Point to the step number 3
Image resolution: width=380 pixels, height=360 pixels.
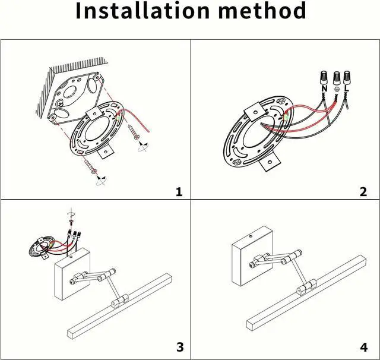[x=180, y=347]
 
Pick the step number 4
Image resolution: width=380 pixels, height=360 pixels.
[x=363, y=347]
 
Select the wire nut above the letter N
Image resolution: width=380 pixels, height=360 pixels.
[x=325, y=76]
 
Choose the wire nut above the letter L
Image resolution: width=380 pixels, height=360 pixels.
[x=346, y=75]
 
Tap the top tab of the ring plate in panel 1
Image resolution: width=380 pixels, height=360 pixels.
[x=94, y=113]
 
